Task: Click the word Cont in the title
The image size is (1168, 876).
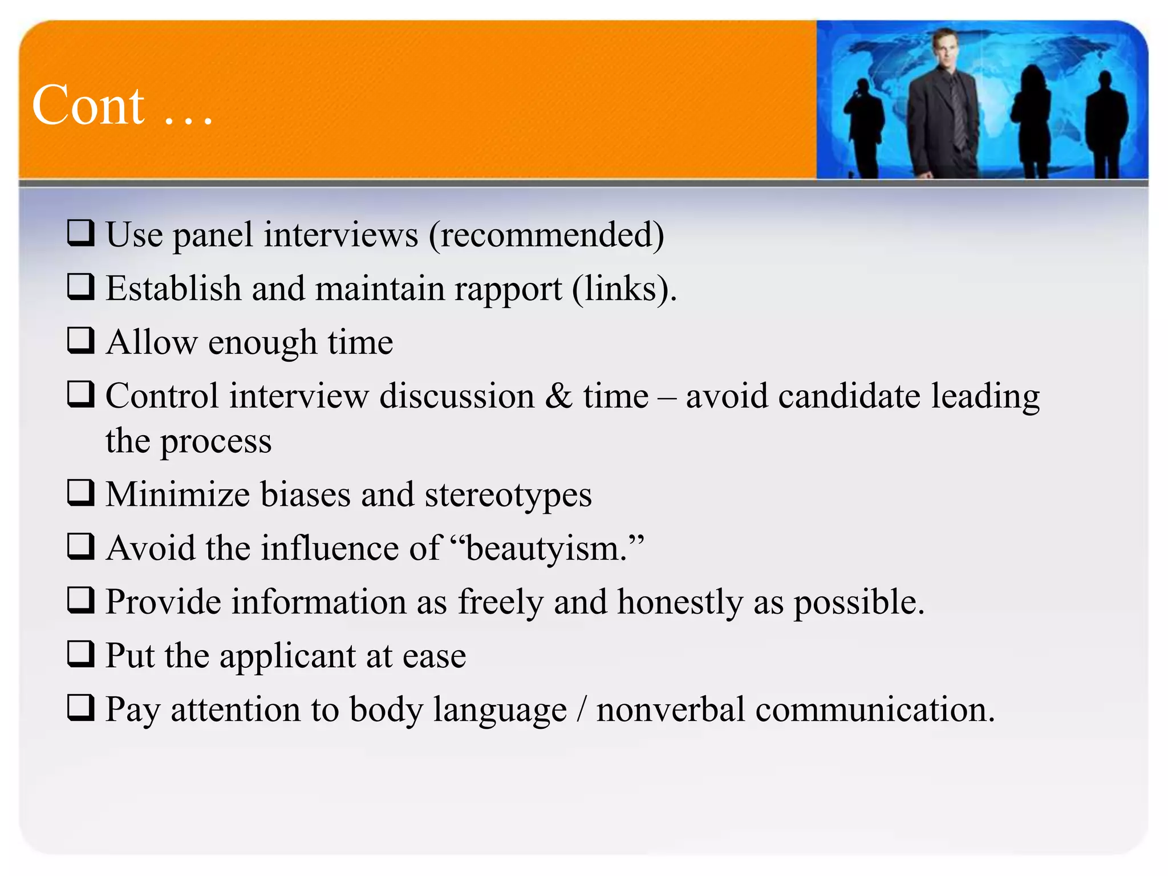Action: (88, 106)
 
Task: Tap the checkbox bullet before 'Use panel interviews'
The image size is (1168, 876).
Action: (80, 233)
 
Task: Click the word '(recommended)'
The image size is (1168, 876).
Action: (546, 234)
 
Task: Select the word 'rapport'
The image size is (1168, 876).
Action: (508, 289)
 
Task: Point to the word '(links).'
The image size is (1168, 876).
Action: (624, 289)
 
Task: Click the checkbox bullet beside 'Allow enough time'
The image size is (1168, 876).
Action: (80, 340)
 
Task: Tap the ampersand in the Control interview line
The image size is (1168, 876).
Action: (558, 395)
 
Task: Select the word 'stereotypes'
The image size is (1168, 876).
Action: (508, 494)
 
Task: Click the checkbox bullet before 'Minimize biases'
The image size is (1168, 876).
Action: (80, 492)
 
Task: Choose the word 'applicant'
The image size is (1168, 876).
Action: (287, 656)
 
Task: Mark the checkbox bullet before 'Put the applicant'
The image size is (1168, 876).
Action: (80, 654)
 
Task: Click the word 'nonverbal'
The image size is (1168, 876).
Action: (671, 709)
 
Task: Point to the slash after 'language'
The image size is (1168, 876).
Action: (582, 709)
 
